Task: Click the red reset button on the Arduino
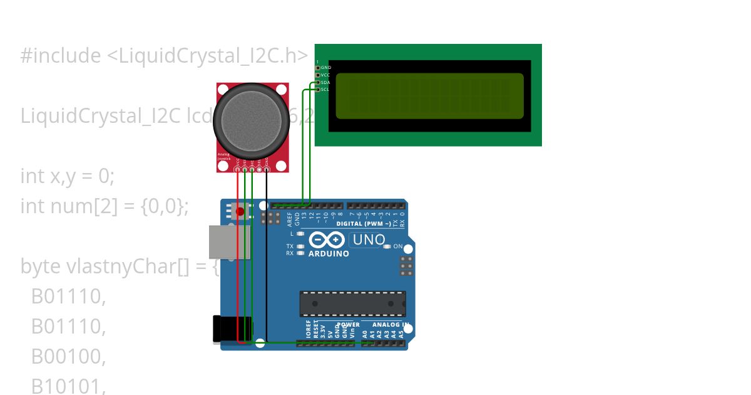240,211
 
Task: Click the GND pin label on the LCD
325,67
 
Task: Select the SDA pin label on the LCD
325,82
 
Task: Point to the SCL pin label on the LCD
325,90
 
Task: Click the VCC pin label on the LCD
325,75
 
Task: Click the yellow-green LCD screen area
429,96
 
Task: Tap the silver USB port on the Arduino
229,242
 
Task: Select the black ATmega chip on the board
352,303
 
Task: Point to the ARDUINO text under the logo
329,254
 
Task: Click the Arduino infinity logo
326,240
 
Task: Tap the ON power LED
387,246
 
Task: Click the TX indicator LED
301,246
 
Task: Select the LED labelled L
301,233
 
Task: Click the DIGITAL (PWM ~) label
364,223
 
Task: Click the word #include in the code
60,56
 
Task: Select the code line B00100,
68,356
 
